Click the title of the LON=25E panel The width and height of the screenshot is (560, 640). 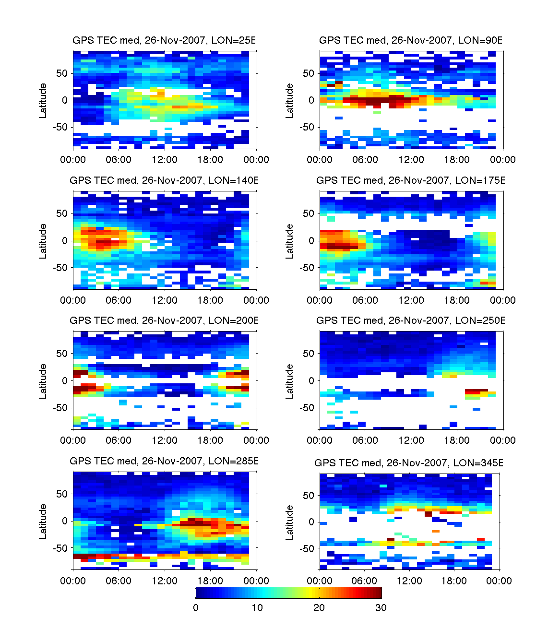[164, 40]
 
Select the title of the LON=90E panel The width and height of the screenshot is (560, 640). [411, 40]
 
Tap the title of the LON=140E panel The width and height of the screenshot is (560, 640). [164, 180]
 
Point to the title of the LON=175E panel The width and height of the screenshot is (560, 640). [411, 180]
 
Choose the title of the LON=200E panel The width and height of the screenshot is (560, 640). [164, 320]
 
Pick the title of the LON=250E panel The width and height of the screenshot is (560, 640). [411, 320]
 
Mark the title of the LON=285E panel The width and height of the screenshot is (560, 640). [164, 461]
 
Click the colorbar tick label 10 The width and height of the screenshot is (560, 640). [257, 608]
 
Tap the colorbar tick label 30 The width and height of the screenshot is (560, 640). [381, 608]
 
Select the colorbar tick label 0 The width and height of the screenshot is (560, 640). [196, 608]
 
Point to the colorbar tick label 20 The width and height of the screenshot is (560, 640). [319, 608]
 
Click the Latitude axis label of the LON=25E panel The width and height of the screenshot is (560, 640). [43, 100]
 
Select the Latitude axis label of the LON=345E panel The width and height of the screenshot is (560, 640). [290, 522]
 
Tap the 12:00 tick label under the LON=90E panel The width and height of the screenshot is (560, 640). [411, 160]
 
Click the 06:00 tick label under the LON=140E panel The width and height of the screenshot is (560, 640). [119, 300]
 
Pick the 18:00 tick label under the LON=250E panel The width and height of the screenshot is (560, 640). [457, 440]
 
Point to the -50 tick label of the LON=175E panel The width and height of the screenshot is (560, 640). [307, 267]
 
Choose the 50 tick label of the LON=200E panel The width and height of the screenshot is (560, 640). [62, 354]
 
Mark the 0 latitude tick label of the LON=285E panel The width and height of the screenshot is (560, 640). [65, 521]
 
